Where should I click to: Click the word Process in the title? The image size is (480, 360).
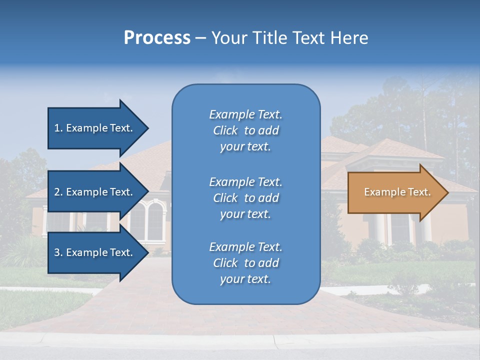click(157, 38)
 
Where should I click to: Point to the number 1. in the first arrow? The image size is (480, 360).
click(58, 128)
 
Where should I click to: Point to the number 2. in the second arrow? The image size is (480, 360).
click(58, 192)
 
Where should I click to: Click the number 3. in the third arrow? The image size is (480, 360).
click(58, 252)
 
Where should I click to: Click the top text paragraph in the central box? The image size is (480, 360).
click(245, 130)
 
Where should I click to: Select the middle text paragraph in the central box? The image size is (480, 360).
click(245, 198)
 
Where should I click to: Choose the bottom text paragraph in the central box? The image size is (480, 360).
click(245, 263)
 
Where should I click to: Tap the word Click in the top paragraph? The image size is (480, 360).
click(225, 130)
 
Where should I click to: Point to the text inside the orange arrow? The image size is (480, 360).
click(397, 192)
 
